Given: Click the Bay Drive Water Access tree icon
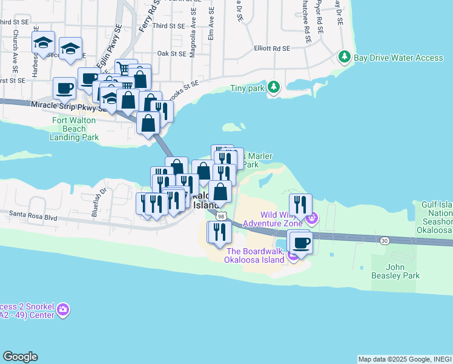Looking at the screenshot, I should coord(345,57).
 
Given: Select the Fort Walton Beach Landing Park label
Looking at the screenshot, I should coord(75,129).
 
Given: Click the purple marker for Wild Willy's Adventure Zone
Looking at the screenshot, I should coord(311,217).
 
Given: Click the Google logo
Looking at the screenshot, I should coord(20,357).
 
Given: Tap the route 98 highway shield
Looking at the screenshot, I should coord(222,217).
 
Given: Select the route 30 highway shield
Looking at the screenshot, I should coord(385,241).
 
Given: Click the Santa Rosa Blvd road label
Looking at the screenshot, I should coord(33,215).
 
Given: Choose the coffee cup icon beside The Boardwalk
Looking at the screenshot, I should coord(301,243).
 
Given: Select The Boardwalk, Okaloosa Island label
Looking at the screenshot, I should coord(255,255).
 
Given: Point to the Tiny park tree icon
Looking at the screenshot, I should coord(274,87).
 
